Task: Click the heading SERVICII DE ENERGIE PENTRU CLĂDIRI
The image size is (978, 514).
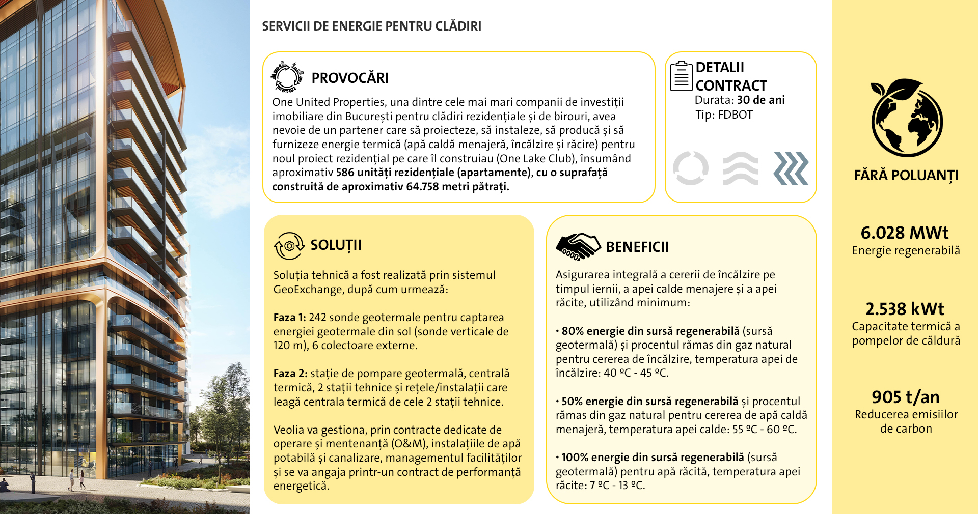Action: click(371, 26)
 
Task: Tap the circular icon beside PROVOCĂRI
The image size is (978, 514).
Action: click(287, 77)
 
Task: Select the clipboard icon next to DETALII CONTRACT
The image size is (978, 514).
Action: click(681, 76)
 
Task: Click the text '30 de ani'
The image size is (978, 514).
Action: click(760, 100)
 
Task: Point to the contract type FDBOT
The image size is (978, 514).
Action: click(735, 115)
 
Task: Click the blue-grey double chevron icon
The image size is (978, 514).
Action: click(791, 168)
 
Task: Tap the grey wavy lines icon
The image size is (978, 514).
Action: click(741, 168)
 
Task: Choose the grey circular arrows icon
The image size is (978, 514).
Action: click(690, 168)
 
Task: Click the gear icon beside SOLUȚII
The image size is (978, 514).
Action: click(289, 246)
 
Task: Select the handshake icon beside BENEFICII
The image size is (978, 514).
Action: click(578, 247)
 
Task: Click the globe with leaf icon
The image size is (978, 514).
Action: click(906, 118)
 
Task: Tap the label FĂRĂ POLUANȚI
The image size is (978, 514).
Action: click(906, 176)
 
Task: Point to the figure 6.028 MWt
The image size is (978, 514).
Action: click(905, 233)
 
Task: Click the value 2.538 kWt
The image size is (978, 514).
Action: click(905, 309)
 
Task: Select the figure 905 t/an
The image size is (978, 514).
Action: click(905, 397)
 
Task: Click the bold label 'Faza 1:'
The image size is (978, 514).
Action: click(289, 318)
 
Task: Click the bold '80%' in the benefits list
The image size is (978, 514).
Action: click(572, 331)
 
